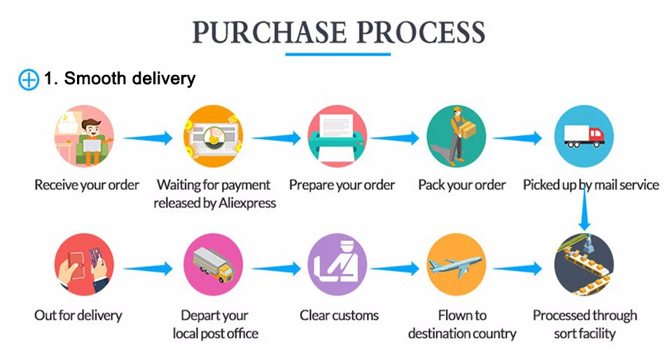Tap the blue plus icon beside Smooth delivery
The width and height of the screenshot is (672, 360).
(28, 79)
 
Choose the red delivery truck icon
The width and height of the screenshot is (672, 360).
(584, 136)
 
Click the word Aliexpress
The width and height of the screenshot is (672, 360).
(241, 203)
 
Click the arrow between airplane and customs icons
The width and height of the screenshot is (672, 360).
(398, 268)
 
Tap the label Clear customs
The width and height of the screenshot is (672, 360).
(339, 315)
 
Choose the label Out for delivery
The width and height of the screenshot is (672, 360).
(78, 315)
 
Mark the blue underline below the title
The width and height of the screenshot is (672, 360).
(338, 53)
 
